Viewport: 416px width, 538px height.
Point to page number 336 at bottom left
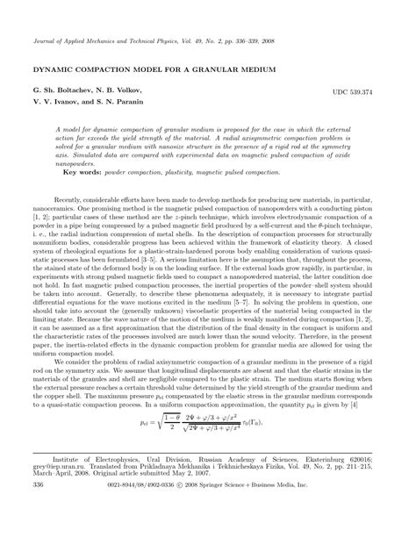coord(38,508)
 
